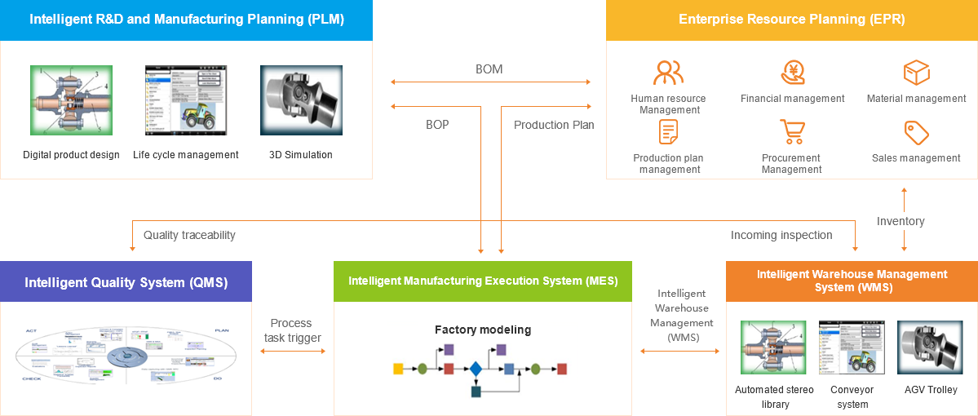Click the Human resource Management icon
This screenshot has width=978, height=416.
point(668,73)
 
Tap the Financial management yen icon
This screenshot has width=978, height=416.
point(793,73)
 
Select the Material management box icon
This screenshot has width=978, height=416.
point(917,73)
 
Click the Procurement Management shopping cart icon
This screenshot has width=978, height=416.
point(792,131)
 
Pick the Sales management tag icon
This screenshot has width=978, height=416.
point(917,132)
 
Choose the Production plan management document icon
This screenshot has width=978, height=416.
point(669,131)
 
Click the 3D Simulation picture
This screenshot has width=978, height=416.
point(301,100)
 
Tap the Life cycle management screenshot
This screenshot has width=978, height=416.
point(186,100)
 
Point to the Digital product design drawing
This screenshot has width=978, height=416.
point(71,100)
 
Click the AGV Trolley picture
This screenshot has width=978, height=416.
point(931,347)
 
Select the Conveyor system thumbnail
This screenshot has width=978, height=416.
point(852,347)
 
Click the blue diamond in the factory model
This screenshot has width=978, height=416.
point(476,370)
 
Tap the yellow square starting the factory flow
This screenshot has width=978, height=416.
point(398,370)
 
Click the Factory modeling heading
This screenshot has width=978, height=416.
point(483,330)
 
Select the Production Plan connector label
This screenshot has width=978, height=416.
point(554,125)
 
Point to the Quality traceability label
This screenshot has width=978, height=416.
point(189,235)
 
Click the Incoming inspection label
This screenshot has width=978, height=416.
point(781,235)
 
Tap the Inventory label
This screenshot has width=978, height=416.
point(901,221)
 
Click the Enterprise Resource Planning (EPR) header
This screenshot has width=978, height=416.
point(792,20)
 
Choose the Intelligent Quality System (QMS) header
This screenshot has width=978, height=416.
point(126,282)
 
